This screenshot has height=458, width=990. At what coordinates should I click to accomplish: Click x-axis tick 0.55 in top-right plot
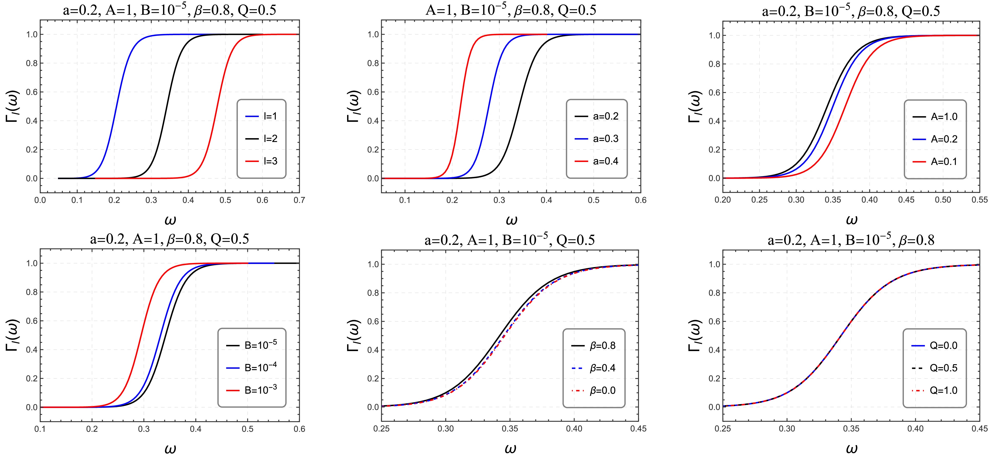tap(979, 200)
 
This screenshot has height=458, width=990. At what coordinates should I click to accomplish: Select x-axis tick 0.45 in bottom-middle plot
tap(638, 429)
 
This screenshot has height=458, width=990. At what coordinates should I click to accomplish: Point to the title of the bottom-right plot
tap(851, 240)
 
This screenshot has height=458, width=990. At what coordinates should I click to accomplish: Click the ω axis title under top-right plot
tap(851, 220)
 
